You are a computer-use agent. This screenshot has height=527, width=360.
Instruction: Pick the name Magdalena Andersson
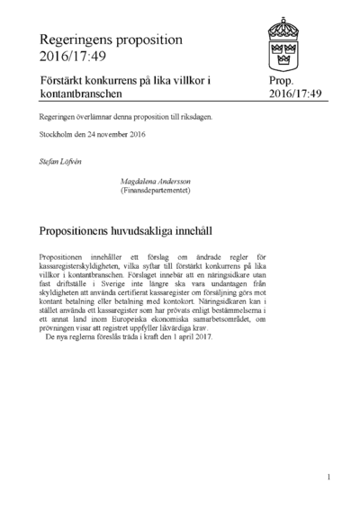[158, 181]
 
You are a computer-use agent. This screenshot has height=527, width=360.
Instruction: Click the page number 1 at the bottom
[329, 477]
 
